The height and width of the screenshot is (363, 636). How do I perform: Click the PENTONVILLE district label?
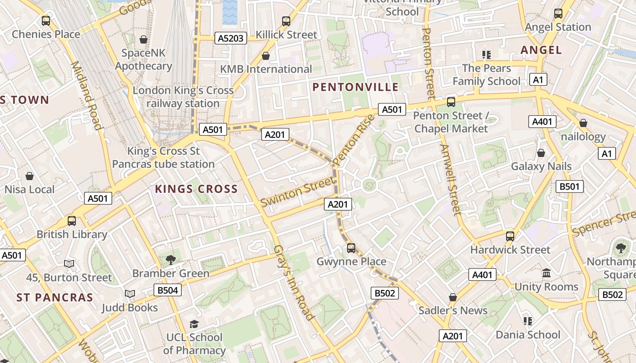356,87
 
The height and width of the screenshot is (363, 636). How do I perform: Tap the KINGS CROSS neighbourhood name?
196,189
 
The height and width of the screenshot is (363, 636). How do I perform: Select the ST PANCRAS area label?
55,298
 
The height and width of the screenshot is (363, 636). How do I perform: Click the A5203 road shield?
230,39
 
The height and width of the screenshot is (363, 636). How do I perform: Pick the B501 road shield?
570,186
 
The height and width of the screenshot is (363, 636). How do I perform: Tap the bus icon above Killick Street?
286,21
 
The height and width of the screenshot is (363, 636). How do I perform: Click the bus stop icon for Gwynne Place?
351,248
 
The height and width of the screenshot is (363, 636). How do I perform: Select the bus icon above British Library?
72,221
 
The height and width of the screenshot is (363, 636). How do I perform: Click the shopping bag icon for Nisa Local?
30,176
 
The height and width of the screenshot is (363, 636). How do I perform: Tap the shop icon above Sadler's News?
452,297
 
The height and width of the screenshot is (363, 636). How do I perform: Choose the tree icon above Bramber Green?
171,260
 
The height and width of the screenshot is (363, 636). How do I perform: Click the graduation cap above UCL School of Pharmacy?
194,324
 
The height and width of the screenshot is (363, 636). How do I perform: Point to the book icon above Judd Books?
130,294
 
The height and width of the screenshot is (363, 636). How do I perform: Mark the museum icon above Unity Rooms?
546,273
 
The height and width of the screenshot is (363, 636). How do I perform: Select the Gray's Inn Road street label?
294,283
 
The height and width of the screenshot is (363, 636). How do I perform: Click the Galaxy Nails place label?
541,166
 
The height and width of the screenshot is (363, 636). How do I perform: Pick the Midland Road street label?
86,95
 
